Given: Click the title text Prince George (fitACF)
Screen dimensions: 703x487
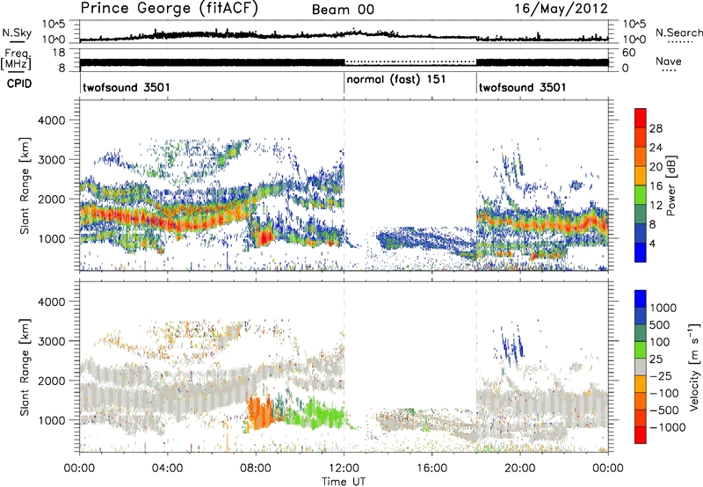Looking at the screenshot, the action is point(169,9).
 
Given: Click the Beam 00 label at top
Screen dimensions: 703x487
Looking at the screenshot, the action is point(343,10).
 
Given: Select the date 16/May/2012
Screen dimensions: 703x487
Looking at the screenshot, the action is point(561,9).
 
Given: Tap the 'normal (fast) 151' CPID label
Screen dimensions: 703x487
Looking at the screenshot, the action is point(396,80).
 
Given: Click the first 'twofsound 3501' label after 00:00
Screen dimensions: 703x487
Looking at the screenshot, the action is point(127,87).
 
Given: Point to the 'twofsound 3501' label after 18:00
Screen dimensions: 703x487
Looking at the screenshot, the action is point(522,87).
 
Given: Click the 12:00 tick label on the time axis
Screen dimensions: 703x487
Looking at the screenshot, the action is point(344,469).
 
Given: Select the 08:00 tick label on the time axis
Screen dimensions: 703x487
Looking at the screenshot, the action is point(256,469).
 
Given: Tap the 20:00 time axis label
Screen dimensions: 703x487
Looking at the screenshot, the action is point(520,469).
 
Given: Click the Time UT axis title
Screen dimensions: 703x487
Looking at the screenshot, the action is point(344,481).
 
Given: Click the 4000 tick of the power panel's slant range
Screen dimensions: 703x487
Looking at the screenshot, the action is point(53,120).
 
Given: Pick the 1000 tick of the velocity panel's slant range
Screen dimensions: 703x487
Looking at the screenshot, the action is point(53,420).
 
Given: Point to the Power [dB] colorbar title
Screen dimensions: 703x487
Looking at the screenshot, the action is point(670,185).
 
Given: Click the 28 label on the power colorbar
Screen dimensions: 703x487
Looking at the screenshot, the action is point(656,128).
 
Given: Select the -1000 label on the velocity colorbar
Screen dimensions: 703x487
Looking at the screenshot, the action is point(668,427).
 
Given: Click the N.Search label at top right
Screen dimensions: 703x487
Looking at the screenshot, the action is point(678,33).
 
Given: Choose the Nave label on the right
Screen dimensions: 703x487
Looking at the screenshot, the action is point(669,61).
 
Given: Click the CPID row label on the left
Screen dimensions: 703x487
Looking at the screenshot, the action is point(19,84).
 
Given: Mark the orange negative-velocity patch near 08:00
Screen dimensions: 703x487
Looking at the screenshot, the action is point(260,412).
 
